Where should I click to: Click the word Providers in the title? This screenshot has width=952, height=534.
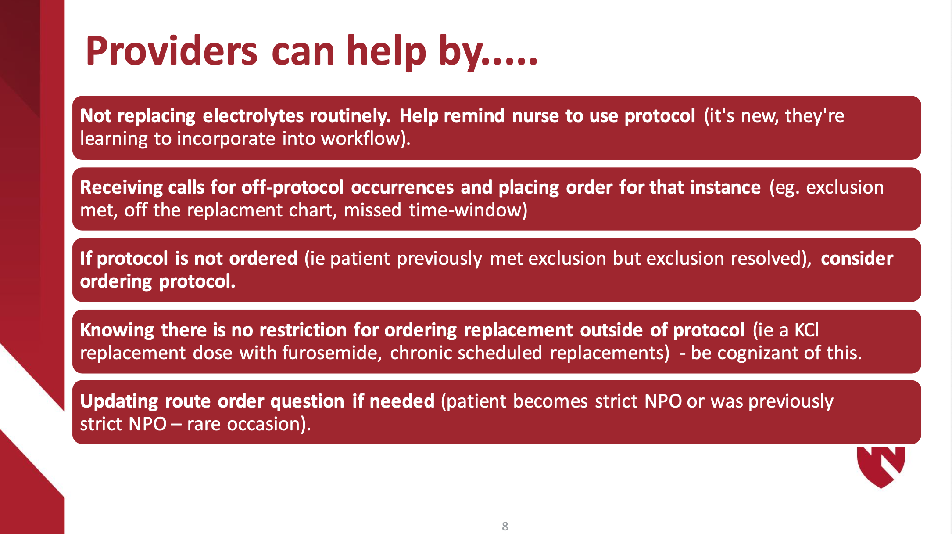172,51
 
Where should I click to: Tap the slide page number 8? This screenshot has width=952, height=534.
505,526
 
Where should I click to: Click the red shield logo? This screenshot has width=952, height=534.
881,467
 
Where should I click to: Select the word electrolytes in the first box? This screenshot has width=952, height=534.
253,116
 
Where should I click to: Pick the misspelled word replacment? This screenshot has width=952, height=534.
235,210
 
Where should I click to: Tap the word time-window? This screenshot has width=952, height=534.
468,210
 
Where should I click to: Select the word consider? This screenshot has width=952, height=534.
857,259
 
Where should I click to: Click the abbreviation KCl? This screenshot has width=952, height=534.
806,330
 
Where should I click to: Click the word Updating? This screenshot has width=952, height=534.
119,401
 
